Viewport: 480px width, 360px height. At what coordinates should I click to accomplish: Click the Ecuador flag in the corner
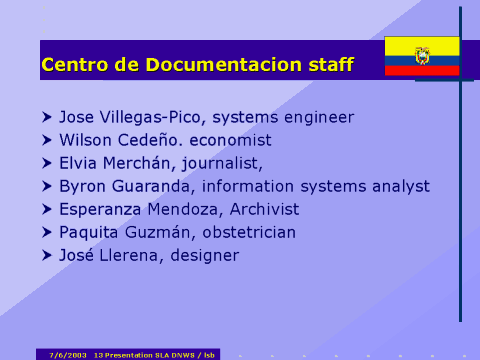tap(422, 56)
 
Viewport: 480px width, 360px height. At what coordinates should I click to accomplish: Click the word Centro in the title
tap(73, 66)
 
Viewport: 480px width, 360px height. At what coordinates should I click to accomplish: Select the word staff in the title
tap(330, 66)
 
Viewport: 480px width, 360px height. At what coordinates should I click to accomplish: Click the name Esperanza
tap(99, 210)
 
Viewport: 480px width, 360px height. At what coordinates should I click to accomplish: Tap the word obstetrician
tap(255, 233)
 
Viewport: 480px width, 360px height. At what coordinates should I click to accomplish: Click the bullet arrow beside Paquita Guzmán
tap(47, 232)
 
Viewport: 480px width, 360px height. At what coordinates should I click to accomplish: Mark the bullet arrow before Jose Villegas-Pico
tap(47, 117)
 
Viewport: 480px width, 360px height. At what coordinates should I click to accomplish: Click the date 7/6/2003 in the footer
tap(68, 354)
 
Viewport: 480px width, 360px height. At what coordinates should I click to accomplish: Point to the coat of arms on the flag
tap(422, 55)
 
